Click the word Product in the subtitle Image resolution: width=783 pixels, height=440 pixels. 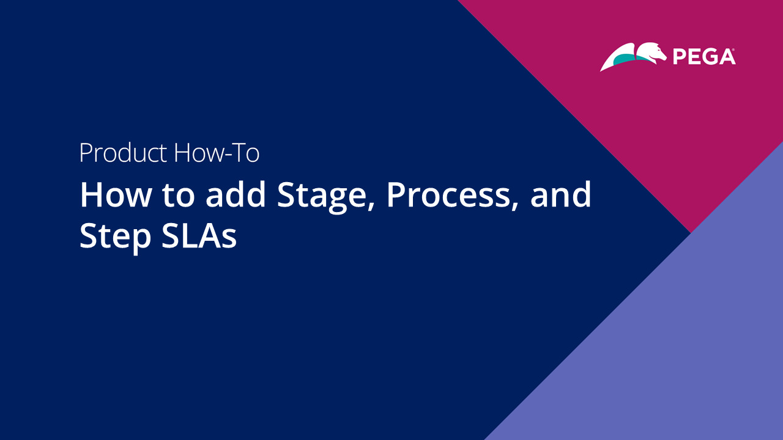pos(123,153)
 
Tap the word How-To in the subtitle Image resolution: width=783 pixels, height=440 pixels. pos(217,152)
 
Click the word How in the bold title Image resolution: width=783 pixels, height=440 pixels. pos(116,194)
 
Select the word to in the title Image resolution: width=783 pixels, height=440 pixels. pos(178,196)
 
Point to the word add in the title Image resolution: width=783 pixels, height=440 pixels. pos(236,194)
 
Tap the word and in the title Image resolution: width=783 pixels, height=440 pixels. pos(561,194)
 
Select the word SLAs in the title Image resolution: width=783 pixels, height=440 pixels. pos(199,235)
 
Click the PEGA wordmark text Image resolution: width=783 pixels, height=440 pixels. pos(703,57)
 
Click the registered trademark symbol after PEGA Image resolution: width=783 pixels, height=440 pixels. pos(733,50)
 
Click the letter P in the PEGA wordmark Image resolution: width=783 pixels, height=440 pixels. pos(679,57)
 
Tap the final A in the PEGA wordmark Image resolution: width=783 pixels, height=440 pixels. pos(726,57)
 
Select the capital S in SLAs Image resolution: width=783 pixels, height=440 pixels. pos(171,235)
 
